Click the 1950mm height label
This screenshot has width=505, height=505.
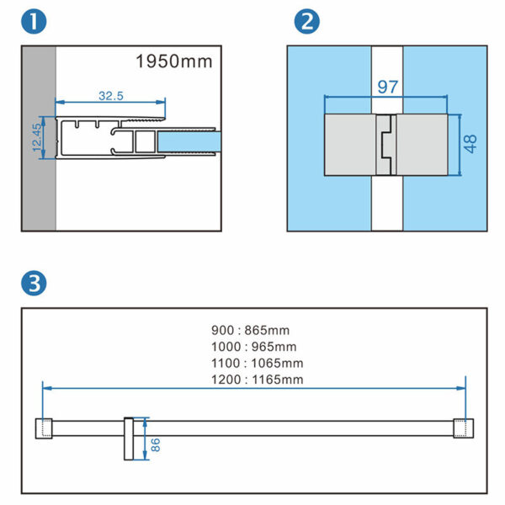click(x=174, y=61)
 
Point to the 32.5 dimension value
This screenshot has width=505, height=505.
click(x=110, y=96)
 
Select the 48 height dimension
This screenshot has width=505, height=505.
click(x=470, y=143)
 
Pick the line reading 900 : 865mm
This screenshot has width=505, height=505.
click(x=251, y=331)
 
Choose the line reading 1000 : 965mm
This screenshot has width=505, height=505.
click(x=252, y=347)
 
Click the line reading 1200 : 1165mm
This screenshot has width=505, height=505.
click(x=256, y=379)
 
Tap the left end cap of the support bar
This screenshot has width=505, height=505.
click(x=45, y=428)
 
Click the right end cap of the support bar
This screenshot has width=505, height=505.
click(x=460, y=428)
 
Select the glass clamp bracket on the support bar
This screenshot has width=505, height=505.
click(x=130, y=439)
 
